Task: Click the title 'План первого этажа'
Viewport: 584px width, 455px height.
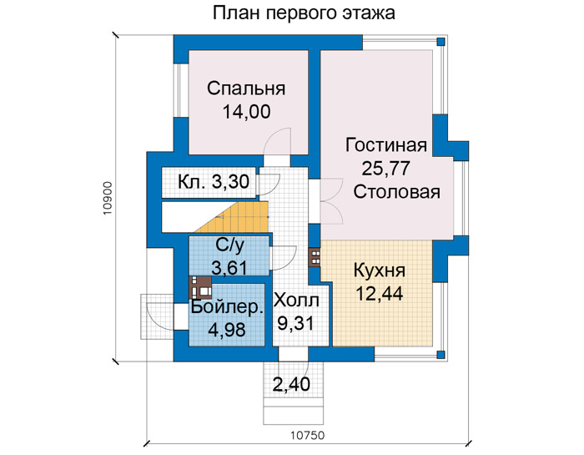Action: tap(304, 13)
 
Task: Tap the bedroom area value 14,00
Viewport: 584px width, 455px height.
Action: tap(246, 112)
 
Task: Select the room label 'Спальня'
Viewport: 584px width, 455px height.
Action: tap(246, 88)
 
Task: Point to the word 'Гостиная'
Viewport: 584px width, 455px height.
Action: tap(385, 145)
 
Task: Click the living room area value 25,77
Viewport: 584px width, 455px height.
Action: tap(385, 169)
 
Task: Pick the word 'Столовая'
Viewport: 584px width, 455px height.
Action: tap(396, 192)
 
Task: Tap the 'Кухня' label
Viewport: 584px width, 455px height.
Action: tap(379, 271)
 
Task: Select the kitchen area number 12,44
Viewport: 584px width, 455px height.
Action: tap(379, 294)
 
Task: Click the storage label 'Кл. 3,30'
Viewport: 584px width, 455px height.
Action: tap(214, 182)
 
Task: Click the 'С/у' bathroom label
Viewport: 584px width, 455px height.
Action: tap(229, 246)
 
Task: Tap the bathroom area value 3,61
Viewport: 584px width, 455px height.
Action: tap(229, 267)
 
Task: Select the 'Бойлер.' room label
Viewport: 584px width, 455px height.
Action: tap(228, 308)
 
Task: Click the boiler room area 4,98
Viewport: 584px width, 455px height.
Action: tap(227, 330)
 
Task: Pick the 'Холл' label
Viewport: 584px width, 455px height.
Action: tap(296, 301)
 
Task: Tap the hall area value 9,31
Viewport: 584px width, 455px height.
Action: tap(296, 323)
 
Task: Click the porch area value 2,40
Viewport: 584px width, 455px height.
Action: tap(291, 384)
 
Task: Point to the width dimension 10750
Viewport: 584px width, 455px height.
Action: tap(308, 435)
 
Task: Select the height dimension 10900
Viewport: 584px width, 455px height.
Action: tap(108, 198)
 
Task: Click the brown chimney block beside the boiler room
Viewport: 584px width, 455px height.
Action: tap(200, 288)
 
